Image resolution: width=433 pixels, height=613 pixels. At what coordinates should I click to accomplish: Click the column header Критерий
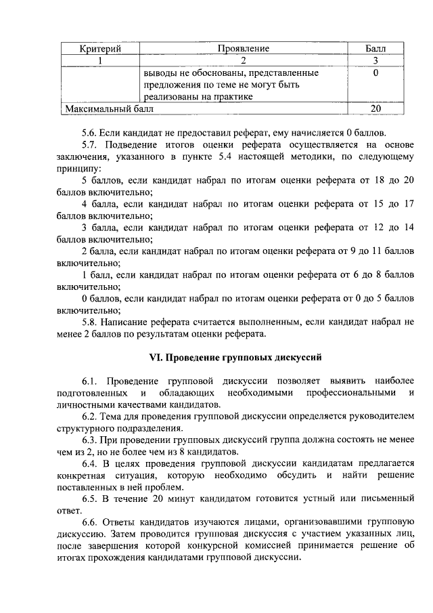coord(101,49)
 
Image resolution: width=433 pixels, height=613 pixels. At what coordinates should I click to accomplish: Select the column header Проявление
coord(244,49)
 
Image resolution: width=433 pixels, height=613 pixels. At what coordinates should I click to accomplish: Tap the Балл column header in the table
coord(375,49)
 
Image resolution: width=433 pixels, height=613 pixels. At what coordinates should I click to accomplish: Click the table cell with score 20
coord(375,108)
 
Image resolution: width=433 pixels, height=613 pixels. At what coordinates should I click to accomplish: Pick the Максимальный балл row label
coord(109,108)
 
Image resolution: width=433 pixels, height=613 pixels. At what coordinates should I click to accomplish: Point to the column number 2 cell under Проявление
coord(244,60)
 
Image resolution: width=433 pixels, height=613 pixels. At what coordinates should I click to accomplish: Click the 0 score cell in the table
coord(375,72)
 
